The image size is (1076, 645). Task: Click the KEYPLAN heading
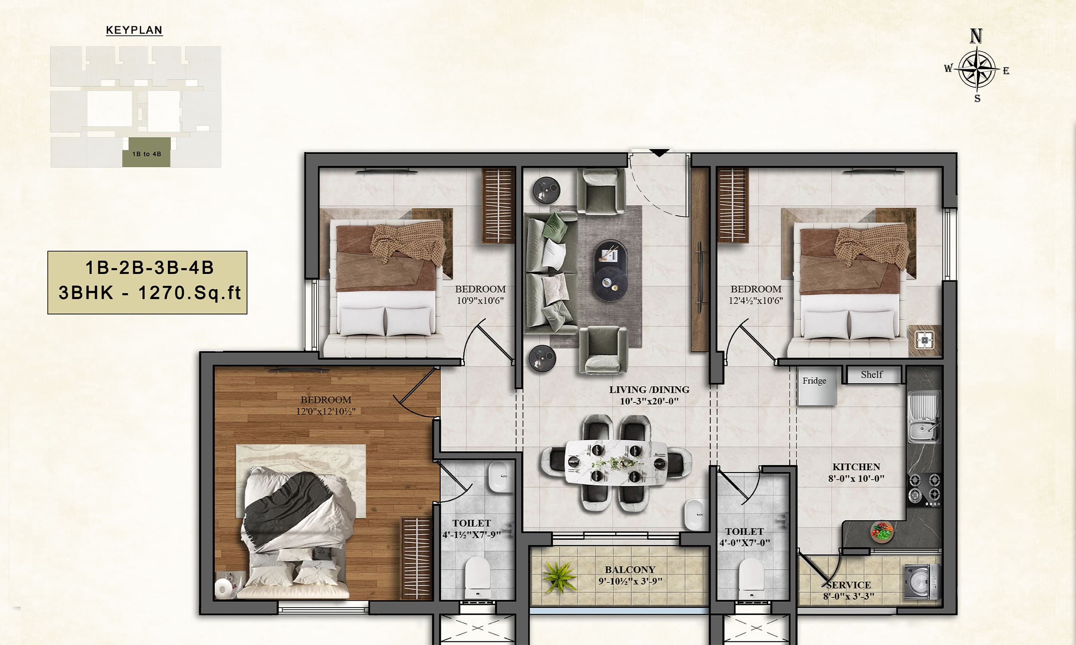coord(134,30)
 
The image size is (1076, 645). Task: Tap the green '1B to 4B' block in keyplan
coord(146,152)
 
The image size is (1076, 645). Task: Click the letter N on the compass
coord(977,36)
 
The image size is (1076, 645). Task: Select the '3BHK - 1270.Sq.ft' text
coord(150,293)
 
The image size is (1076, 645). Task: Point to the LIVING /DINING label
coord(649,390)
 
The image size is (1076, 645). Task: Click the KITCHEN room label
coord(856,467)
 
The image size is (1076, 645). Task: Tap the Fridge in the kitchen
coord(817,387)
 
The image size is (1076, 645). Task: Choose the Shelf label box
coord(872,375)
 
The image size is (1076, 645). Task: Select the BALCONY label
coord(630,569)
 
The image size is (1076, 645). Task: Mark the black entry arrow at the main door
coord(659,153)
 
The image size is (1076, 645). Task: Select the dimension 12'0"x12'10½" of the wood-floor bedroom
coord(326,411)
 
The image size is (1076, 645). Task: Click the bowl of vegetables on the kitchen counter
coord(882,532)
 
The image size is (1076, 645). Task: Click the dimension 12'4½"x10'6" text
coord(756,300)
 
